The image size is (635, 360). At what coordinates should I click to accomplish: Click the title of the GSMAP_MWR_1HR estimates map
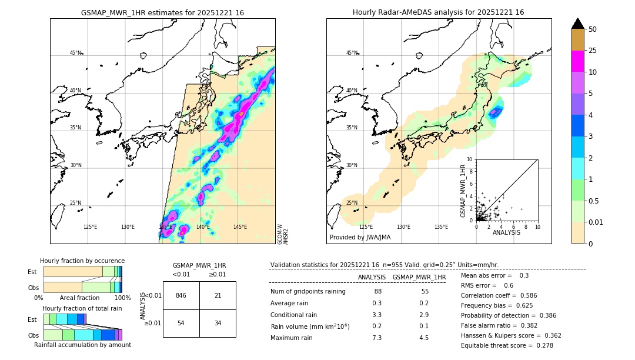[x=162, y=12]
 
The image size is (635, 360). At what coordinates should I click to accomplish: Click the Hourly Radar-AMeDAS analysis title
[x=438, y=12]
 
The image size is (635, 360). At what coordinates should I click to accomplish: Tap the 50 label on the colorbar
[x=593, y=29]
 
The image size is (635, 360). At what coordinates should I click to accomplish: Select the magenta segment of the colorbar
[x=577, y=61]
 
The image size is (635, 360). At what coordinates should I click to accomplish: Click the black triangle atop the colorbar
[x=577, y=24]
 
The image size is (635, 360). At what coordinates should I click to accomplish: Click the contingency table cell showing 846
[x=181, y=295]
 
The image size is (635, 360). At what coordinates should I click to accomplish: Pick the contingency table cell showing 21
[x=218, y=295]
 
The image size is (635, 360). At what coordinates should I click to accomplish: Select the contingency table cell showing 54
[x=181, y=323]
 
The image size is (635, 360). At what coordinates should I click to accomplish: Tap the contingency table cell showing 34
[x=218, y=323]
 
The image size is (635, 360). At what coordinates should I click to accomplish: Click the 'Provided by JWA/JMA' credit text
[x=360, y=238]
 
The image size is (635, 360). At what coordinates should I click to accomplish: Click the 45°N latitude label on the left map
[x=75, y=53]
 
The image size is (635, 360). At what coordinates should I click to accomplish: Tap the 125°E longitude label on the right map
[x=366, y=226]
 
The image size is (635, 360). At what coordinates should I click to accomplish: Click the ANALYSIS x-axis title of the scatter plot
[x=506, y=233]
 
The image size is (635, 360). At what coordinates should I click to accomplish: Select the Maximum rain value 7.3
[x=377, y=338]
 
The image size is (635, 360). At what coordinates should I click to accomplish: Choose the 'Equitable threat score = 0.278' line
[x=507, y=345]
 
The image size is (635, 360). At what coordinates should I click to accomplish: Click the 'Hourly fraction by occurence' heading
[x=82, y=261]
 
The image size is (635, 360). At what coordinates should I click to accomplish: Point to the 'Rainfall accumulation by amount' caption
[x=82, y=345]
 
